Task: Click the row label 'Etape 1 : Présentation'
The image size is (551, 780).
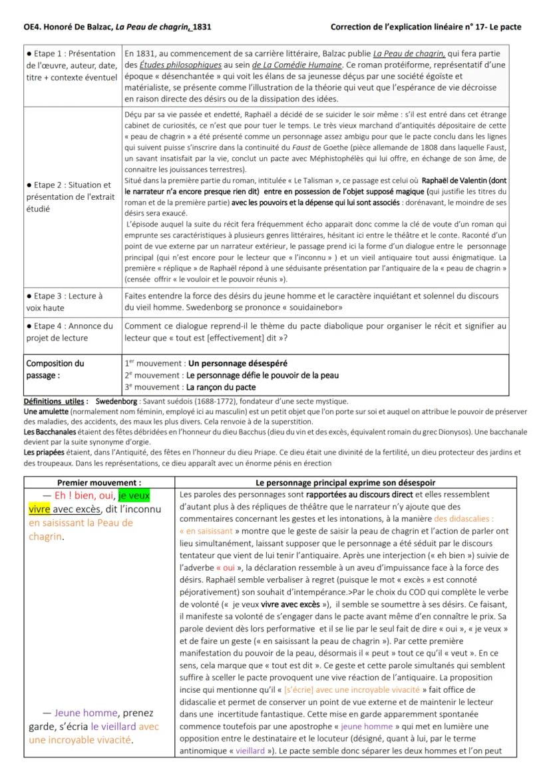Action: (x=73, y=54)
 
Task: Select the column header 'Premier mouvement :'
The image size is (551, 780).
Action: (x=99, y=482)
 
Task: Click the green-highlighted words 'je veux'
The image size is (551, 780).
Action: (x=134, y=496)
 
